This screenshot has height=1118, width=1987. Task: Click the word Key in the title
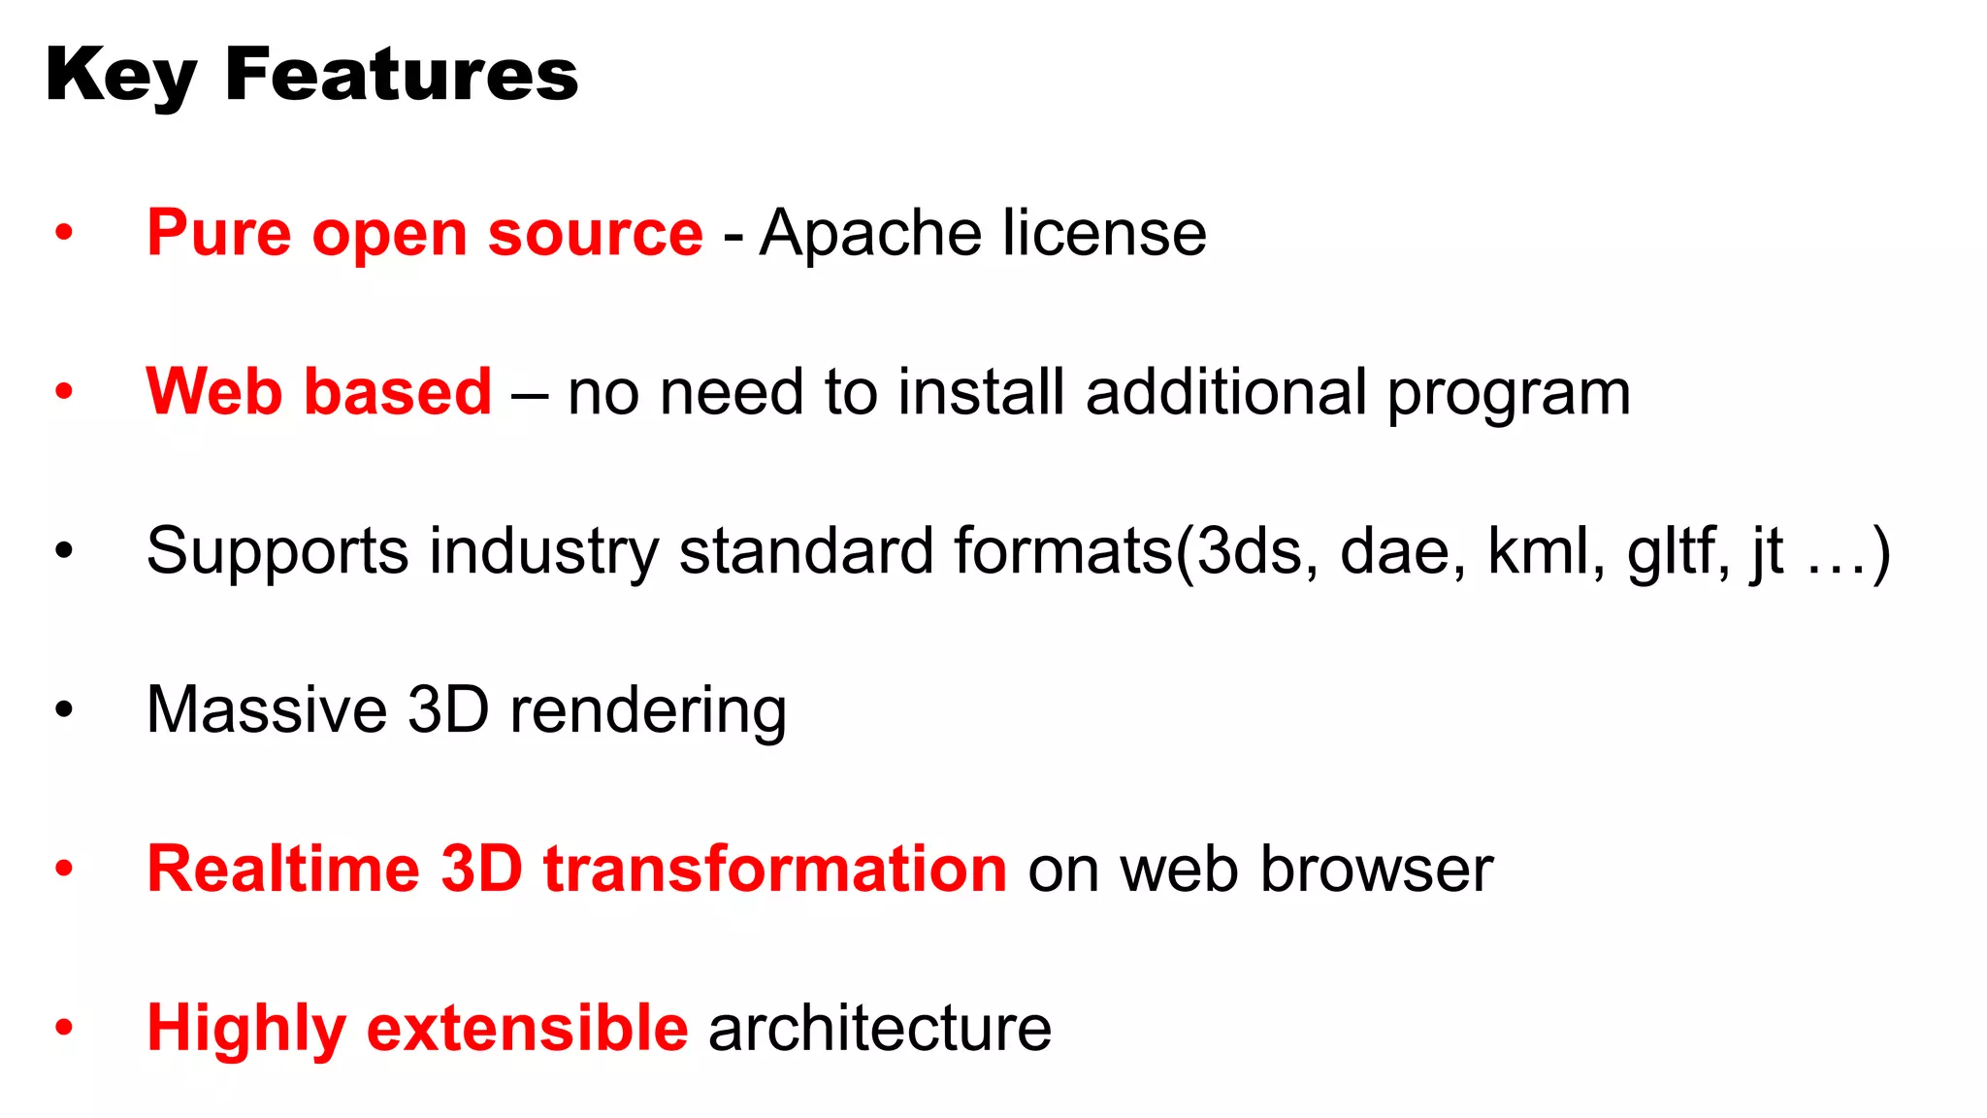(x=120, y=76)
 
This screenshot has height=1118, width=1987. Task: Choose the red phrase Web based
(x=319, y=392)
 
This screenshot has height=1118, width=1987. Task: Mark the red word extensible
(x=528, y=1028)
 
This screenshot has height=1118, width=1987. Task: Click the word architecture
(x=879, y=1028)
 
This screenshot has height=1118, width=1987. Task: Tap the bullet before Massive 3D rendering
(x=64, y=709)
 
